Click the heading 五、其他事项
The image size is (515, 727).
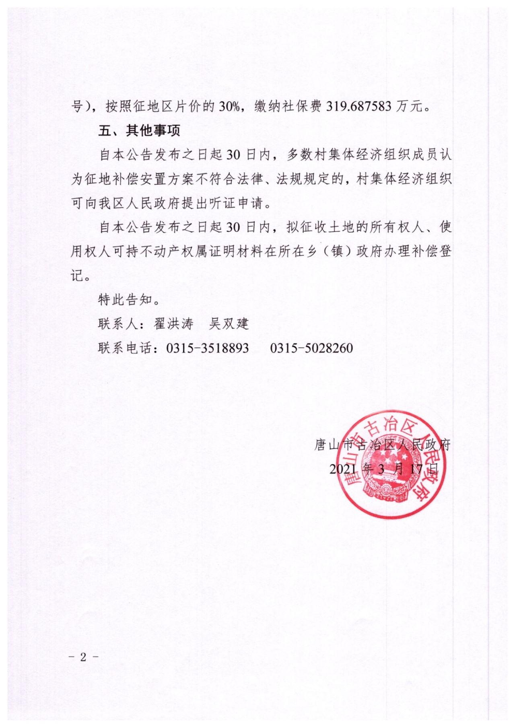pos(139,130)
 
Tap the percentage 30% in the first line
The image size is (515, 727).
pos(229,106)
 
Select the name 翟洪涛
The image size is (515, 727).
pos(174,324)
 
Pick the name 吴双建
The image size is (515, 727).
pos(229,324)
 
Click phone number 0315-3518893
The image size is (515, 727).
pos(208,348)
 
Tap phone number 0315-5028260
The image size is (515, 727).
pos(311,348)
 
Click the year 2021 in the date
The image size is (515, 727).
pos(343,469)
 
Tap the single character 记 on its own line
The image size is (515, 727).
pos(77,276)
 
